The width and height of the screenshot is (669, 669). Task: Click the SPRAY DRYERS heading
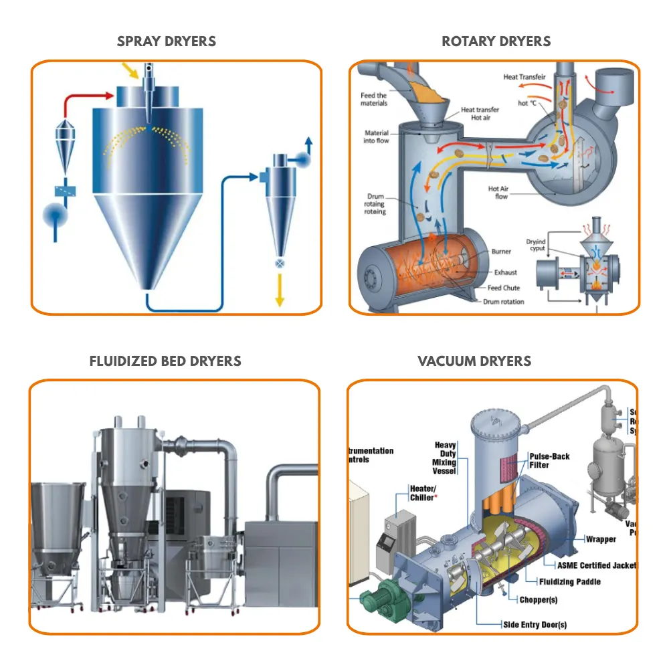167,41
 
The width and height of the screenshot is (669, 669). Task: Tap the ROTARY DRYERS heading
496,41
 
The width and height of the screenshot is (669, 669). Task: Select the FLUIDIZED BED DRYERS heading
165,361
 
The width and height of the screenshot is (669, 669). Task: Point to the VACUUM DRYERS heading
474,361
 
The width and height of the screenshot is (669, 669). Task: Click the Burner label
501,252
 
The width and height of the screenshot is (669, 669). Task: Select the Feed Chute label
504,288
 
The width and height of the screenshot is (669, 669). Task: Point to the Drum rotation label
504,302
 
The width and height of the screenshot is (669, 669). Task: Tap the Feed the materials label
374,99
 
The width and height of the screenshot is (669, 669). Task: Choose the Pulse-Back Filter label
549,460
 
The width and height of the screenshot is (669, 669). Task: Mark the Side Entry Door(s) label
535,625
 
